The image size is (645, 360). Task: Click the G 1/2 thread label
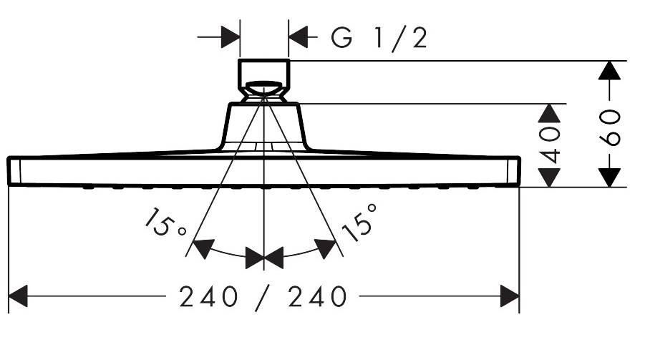coord(379,38)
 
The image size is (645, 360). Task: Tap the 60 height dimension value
coord(610,127)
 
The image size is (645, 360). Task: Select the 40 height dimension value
coord(550,145)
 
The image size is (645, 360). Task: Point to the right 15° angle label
coord(359,222)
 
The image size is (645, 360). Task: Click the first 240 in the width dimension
coord(208,296)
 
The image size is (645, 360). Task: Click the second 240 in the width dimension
coord(317,296)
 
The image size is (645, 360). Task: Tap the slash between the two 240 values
coord(263,298)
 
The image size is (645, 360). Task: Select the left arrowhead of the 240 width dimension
coord(18,296)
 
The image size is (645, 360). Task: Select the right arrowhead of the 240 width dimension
coord(510,296)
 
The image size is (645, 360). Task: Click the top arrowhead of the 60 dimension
coord(609,70)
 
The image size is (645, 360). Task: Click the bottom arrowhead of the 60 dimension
coord(609,177)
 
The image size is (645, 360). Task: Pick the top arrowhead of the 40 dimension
coord(550,114)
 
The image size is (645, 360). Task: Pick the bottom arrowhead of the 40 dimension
coord(550,177)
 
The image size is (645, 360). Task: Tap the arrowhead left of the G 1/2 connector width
coord(231,37)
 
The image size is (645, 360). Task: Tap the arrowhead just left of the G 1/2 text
coord(299,37)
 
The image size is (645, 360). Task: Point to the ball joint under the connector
coord(263,91)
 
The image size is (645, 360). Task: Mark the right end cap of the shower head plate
coord(514,171)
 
